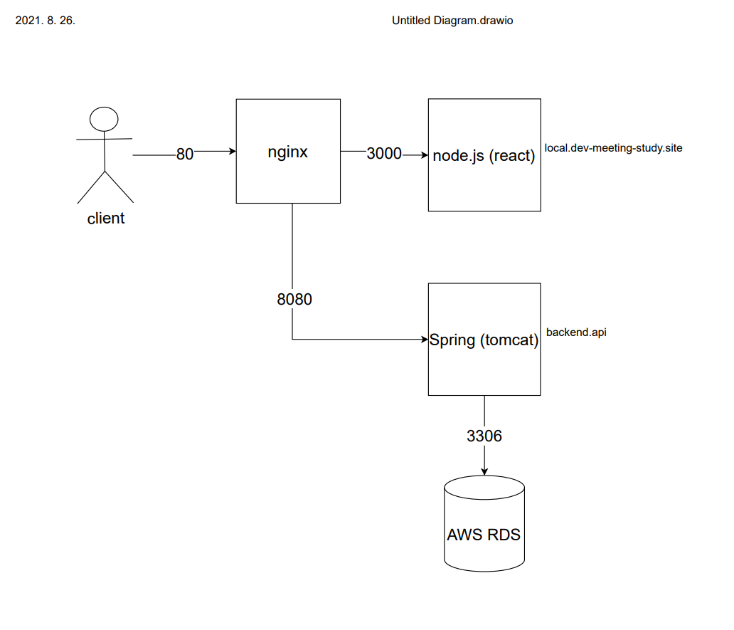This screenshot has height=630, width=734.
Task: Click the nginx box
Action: click(x=288, y=178)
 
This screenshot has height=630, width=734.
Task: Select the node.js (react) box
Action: click(x=484, y=185)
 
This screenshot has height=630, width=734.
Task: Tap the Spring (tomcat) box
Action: click(x=484, y=370)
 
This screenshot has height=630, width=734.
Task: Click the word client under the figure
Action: click(x=105, y=219)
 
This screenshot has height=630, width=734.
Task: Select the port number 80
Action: click(x=184, y=154)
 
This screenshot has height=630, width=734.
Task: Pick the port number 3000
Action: click(x=384, y=154)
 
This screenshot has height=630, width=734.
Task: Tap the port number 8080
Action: click(x=294, y=300)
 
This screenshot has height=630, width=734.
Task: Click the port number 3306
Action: click(x=484, y=436)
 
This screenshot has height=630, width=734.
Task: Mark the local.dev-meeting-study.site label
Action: click(x=613, y=149)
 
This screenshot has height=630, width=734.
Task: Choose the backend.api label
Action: click(x=576, y=332)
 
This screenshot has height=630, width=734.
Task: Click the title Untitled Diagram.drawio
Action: click(x=452, y=21)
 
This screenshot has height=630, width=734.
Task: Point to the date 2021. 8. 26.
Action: click(x=45, y=21)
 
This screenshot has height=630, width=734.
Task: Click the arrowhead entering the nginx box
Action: click(x=232, y=152)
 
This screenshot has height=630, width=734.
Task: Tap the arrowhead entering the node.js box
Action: click(x=424, y=154)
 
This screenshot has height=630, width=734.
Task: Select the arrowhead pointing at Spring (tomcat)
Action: click(x=424, y=340)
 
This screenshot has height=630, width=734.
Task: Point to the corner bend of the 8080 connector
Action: click(x=292, y=340)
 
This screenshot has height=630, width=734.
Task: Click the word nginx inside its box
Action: click(x=287, y=152)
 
